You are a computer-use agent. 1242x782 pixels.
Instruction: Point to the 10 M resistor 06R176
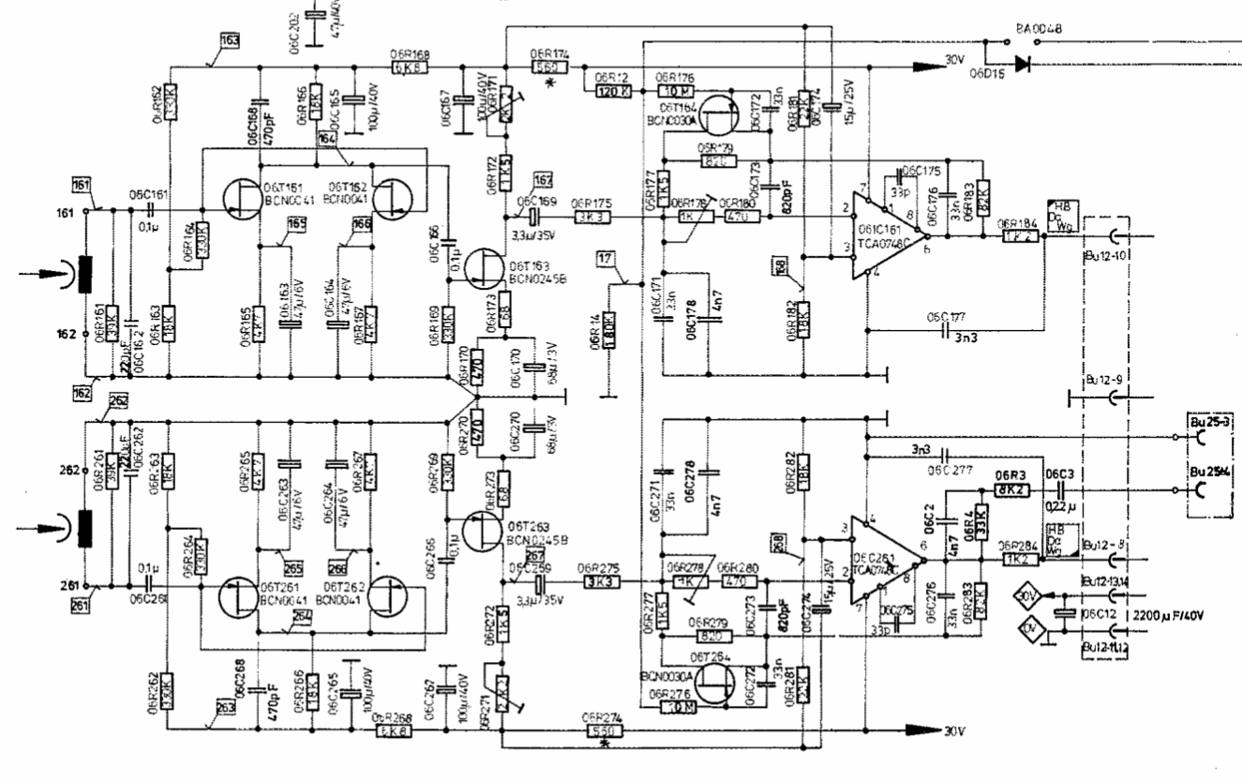[675, 91]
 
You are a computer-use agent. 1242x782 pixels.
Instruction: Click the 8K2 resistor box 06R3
[1015, 489]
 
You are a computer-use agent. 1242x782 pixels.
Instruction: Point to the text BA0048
[1038, 29]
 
